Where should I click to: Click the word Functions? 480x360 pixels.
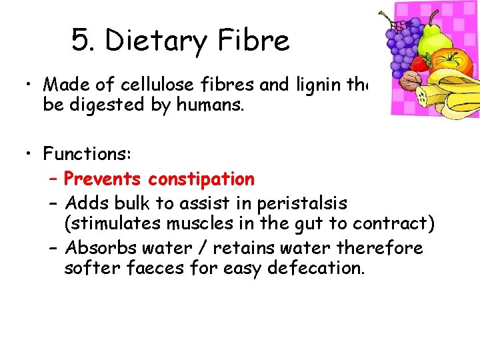[87, 153]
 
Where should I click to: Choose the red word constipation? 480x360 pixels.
[201, 179]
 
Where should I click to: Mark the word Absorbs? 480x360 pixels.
[100, 248]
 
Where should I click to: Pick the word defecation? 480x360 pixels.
[315, 268]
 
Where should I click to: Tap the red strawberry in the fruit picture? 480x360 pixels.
[420, 63]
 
